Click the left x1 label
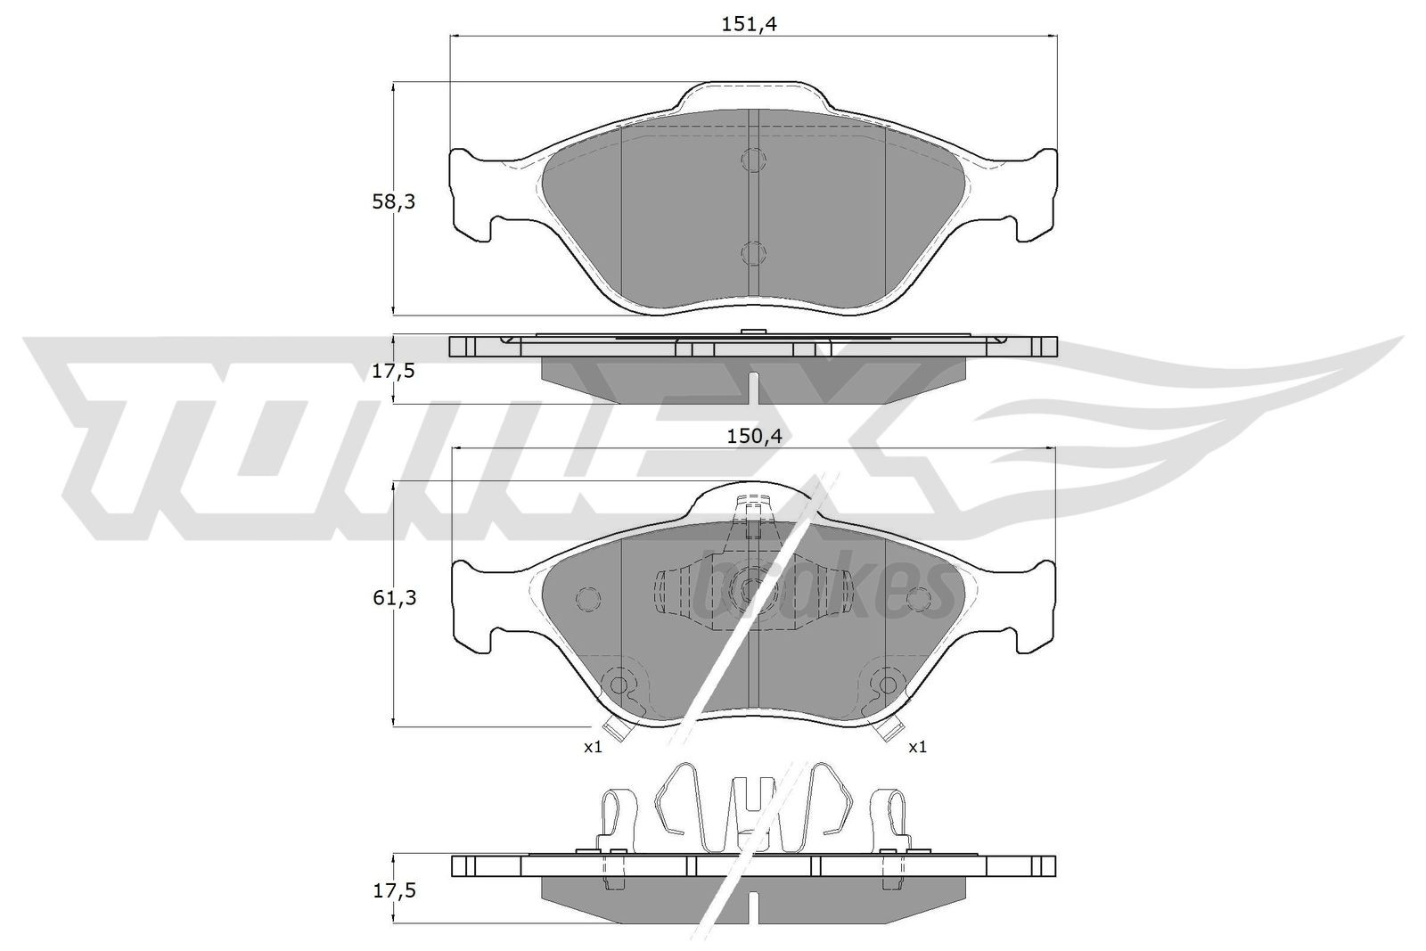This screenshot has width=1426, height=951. point(593,747)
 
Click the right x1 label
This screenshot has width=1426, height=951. point(917,747)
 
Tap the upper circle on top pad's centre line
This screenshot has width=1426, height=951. point(753,160)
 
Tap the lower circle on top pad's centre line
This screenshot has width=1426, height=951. point(753,253)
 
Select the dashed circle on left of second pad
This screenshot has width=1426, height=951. point(588,599)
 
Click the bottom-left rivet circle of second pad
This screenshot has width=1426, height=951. point(617,685)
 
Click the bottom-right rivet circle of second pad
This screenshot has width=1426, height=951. point(887,685)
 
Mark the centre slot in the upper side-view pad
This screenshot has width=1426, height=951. point(753,389)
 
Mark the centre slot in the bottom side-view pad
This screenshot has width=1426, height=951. point(753,906)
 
